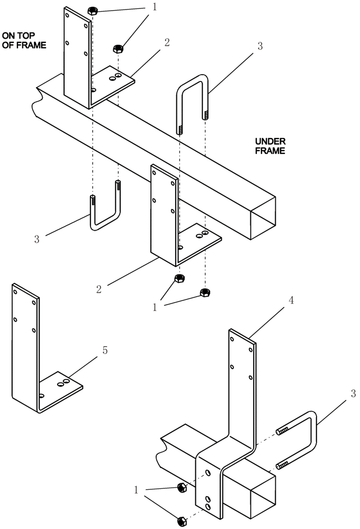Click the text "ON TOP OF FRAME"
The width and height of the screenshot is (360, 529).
coord(24,40)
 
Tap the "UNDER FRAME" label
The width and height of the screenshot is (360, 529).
coord(270,146)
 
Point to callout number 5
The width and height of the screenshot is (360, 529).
coord(105,350)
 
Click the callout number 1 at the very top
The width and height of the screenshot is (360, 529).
coord(154,7)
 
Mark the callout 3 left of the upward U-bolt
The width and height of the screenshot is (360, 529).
coord(37,239)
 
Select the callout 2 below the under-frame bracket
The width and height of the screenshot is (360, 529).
coord(99,289)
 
